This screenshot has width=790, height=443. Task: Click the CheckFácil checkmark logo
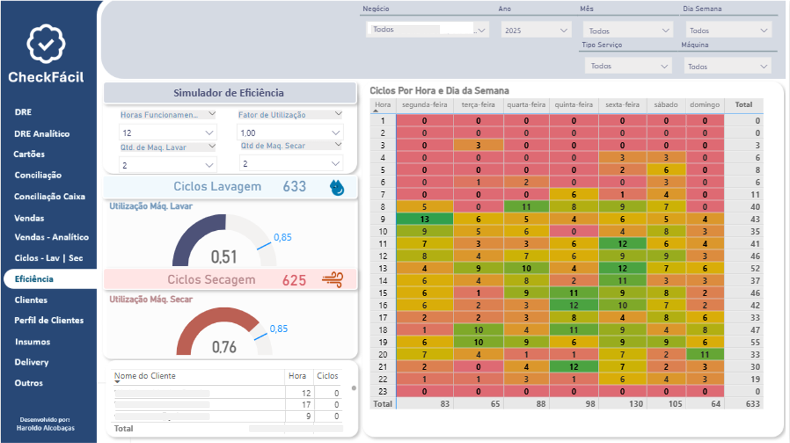(x=46, y=44)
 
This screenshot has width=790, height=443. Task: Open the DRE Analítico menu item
(x=42, y=134)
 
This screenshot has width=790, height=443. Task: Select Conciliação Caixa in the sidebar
(x=50, y=197)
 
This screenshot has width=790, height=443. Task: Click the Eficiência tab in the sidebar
(x=34, y=279)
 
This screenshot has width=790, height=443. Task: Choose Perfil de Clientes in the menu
(x=49, y=320)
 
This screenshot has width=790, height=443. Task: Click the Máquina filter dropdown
(x=728, y=67)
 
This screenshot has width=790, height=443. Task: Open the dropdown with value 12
(x=167, y=133)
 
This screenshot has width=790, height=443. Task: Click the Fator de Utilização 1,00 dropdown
(x=289, y=133)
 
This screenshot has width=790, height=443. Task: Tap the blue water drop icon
(x=337, y=187)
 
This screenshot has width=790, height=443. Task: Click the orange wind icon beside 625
(x=332, y=280)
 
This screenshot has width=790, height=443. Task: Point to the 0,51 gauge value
(x=224, y=256)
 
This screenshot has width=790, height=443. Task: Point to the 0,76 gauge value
(x=224, y=347)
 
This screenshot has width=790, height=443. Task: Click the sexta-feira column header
(x=622, y=105)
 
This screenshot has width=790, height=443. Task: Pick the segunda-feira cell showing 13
(x=424, y=219)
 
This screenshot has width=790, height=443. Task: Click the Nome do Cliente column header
(x=146, y=376)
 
